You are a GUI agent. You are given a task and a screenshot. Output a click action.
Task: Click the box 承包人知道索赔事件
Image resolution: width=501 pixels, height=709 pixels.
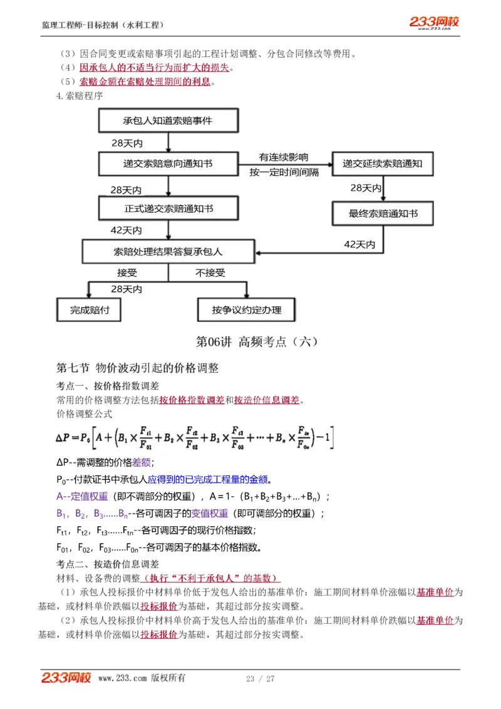tap(168, 120)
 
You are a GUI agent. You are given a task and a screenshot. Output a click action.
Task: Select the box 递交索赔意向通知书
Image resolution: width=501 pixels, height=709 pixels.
tap(168, 163)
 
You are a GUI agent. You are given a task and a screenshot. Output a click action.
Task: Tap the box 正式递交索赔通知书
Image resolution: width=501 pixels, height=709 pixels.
tap(168, 207)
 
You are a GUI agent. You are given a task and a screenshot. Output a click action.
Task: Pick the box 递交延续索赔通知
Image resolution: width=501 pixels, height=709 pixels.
tap(383, 163)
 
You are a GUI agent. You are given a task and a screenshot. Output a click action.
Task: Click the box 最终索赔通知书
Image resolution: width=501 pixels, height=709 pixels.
tap(383, 214)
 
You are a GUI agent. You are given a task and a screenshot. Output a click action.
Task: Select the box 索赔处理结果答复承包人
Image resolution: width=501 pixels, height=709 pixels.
tap(168, 252)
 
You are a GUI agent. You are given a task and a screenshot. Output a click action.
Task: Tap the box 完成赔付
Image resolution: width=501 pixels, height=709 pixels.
tap(88, 309)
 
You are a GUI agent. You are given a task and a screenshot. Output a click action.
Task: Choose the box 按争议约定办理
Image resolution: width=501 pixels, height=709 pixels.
tap(246, 309)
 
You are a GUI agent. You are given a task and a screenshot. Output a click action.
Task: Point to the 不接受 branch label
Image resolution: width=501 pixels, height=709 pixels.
tap(210, 273)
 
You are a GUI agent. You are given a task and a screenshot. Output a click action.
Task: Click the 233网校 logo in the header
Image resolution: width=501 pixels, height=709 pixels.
tap(433, 23)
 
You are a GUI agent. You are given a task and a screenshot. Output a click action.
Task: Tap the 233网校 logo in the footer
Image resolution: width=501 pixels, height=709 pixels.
tap(66, 678)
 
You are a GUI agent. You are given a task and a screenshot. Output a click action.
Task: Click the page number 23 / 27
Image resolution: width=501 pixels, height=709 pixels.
tap(260, 678)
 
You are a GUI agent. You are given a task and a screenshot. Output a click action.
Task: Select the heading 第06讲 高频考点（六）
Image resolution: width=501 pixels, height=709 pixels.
tap(257, 341)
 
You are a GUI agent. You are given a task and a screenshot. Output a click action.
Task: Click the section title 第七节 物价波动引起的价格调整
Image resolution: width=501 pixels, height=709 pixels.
tap(137, 368)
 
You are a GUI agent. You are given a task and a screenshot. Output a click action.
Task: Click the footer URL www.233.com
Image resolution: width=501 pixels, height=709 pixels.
tap(122, 678)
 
